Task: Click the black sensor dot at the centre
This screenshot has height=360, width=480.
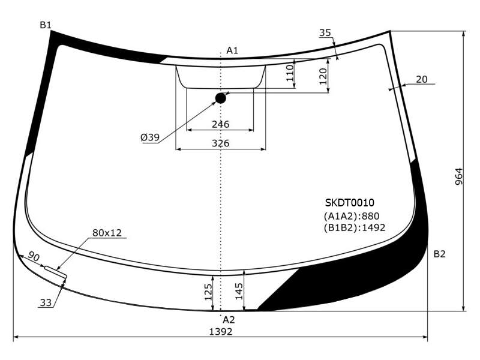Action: tap(221, 98)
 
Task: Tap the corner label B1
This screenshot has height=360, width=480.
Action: tap(46, 25)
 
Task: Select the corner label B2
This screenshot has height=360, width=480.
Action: tap(440, 254)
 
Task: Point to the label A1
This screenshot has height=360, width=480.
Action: tap(232, 50)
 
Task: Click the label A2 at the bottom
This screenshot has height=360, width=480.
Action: tap(229, 320)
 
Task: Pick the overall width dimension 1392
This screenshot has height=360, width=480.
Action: tap(221, 332)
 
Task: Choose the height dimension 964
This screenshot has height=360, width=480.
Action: tap(459, 176)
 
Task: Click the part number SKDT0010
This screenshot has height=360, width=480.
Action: tap(350, 203)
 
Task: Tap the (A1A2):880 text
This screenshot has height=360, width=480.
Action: tap(352, 216)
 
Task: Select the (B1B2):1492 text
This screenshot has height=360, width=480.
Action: tap(355, 228)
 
